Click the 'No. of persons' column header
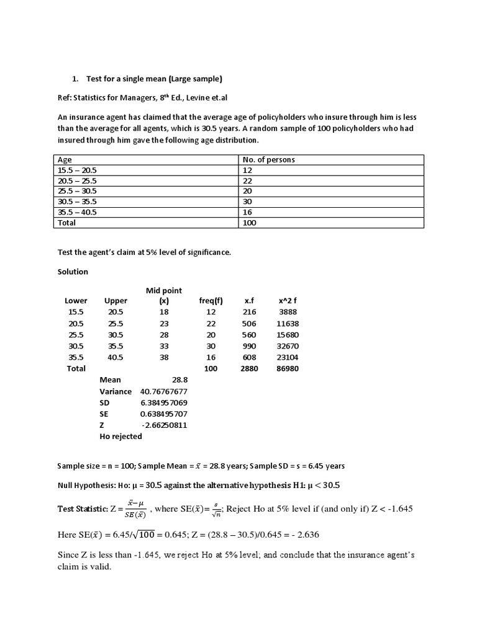(268, 159)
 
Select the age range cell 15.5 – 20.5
(77, 170)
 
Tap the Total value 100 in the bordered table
(250, 223)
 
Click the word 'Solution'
(73, 272)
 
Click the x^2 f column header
(288, 301)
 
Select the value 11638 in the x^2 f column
(288, 323)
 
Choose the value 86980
(288, 368)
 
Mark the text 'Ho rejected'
(120, 436)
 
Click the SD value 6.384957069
(164, 402)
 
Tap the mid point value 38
(164, 357)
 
